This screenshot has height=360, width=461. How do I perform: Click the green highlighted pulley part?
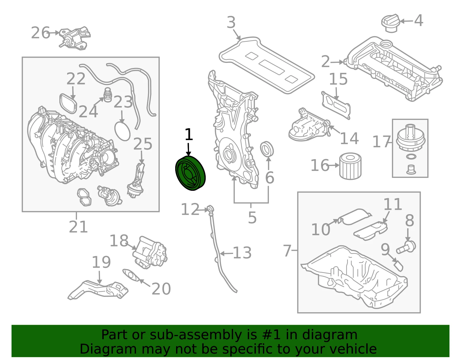[190, 173]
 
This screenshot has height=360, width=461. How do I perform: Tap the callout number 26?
[41, 33]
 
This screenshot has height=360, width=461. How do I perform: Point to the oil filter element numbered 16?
[350, 167]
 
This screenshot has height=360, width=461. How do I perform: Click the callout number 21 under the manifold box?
[78, 227]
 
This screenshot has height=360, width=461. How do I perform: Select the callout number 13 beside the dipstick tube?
[242, 253]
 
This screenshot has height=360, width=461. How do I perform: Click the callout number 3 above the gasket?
[231, 22]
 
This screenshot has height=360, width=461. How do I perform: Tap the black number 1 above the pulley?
[189, 134]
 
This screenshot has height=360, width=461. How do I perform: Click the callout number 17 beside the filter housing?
[381, 142]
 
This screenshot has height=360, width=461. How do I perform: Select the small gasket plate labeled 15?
[336, 105]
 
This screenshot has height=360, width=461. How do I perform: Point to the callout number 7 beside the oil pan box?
[287, 250]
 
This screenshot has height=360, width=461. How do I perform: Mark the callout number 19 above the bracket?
[101, 262]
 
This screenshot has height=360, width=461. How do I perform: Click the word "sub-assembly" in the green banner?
[196, 335]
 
